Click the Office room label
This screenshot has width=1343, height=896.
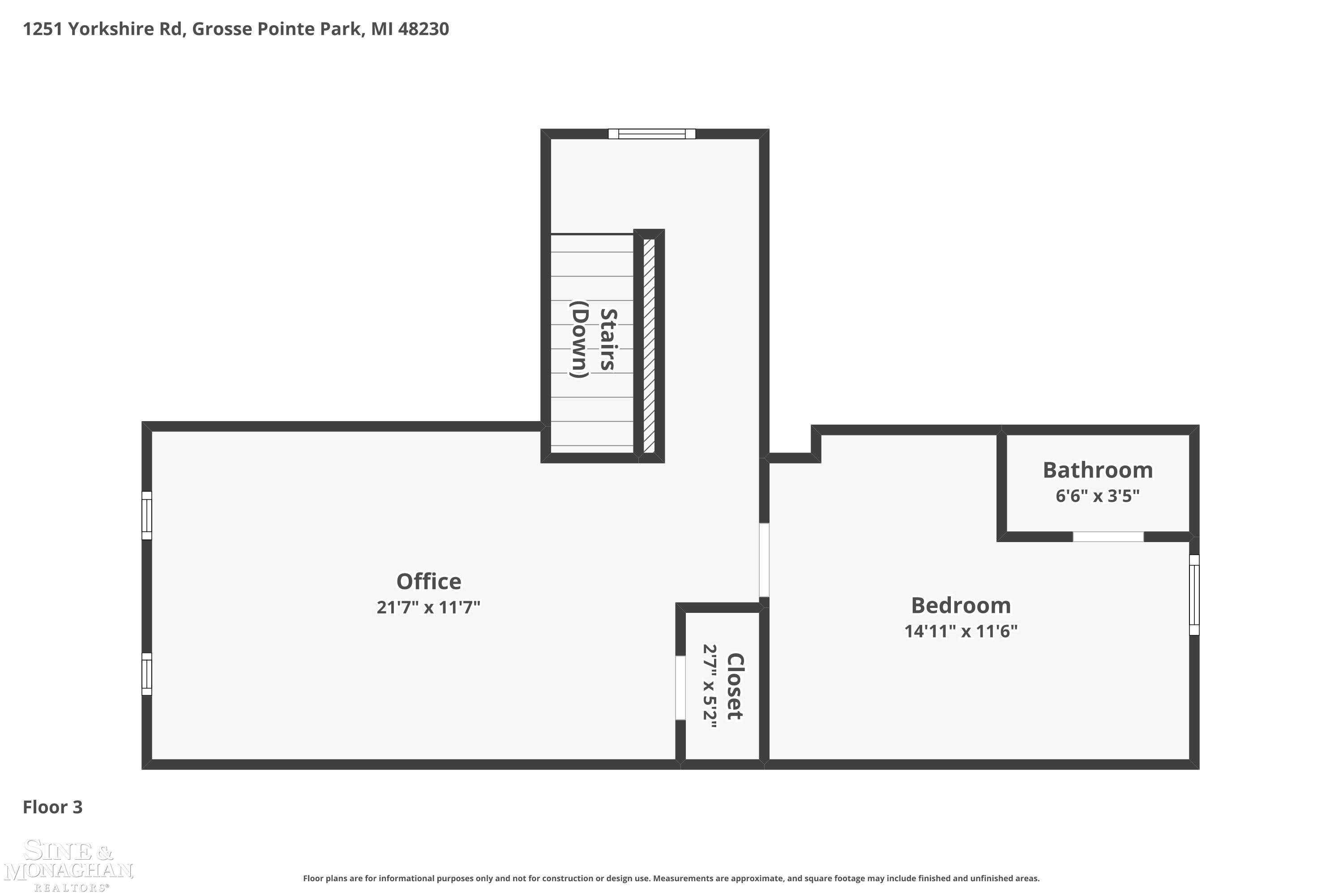tap(428, 581)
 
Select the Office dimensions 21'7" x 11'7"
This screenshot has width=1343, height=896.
tap(428, 607)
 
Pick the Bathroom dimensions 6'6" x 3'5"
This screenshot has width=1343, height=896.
tap(1098, 495)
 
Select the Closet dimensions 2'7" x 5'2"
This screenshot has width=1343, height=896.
tap(709, 686)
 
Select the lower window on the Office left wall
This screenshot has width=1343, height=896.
tap(147, 674)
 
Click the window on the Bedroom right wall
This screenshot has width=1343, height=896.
tap(1194, 594)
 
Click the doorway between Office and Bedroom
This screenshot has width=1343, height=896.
tap(764, 560)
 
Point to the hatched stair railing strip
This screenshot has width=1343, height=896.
tap(649, 346)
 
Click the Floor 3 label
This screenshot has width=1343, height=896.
tap(52, 807)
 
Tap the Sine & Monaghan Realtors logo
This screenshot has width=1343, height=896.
tap(68, 865)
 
